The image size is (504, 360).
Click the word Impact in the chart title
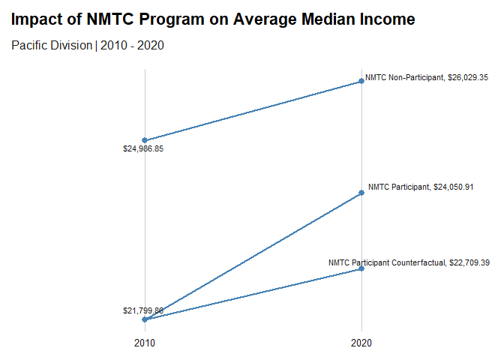37,19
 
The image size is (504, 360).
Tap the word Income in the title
386,19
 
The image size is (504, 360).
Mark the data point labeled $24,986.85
145,140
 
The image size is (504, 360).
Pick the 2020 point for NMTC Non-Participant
361,81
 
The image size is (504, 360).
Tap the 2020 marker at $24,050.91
361,193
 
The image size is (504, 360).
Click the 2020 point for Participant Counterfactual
361,268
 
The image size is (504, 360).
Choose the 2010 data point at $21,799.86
145,319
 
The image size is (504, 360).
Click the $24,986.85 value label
143,148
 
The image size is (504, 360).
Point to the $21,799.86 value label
143,310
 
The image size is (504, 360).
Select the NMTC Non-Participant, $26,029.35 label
427,76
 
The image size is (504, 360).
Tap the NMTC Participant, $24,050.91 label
430,187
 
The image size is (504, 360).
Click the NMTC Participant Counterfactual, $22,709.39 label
409,262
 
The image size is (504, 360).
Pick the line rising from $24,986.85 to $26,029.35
253,111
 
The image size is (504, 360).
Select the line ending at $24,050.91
253,256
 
